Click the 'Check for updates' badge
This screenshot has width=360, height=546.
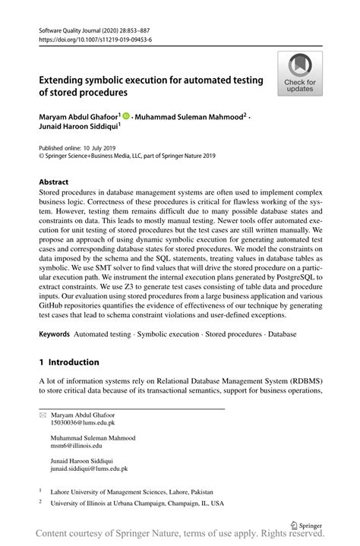[x=300, y=74]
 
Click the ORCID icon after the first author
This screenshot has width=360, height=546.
[x=125, y=115]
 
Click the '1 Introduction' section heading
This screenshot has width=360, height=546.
[x=69, y=362]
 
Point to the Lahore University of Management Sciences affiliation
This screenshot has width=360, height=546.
[x=131, y=491]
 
